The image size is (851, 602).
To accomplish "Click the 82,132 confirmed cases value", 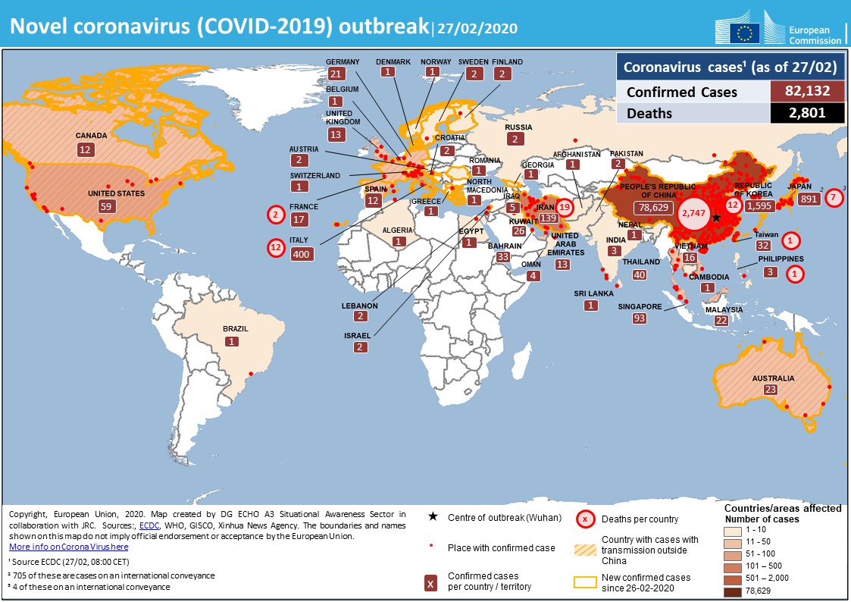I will point(807,92).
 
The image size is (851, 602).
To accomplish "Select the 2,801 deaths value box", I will point(807,114).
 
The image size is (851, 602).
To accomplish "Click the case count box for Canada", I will point(84,150).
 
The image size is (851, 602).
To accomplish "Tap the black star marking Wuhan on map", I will point(716,218).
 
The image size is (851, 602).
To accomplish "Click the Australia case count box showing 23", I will point(771,390).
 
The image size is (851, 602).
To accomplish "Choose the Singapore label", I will point(641,307).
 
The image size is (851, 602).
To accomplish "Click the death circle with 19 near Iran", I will point(564,206).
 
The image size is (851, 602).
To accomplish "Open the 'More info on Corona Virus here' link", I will point(69,547).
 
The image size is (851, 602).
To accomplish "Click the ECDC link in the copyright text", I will point(149,525).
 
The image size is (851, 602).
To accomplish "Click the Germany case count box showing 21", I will point(336,73).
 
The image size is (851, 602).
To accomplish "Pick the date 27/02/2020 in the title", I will point(477,30).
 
